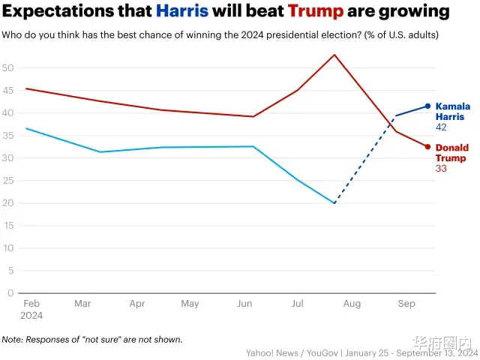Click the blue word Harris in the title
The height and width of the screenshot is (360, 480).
pos(182,12)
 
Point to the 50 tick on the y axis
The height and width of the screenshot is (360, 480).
pos(9,67)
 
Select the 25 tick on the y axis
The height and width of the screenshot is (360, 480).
pos(9,180)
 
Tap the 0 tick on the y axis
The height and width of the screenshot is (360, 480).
pos(11,292)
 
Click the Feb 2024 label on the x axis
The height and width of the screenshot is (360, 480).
pos(31,309)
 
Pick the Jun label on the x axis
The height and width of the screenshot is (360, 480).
pos(244,304)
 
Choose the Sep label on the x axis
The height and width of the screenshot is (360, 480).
pos(406,304)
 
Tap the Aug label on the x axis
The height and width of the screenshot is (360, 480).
pos(352,304)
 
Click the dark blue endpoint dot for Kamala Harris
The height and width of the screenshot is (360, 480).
pos(427,106)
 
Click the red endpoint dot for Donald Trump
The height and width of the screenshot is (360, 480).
pos(427,146)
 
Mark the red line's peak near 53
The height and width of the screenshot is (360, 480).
pos(334,55)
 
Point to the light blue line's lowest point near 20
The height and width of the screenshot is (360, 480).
pos(334,202)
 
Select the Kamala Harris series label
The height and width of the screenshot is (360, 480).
pos(452,112)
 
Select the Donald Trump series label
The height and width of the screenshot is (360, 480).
pos(452,152)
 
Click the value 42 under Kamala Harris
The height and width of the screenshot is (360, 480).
pos(441,128)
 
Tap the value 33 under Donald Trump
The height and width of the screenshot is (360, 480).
pos(441,169)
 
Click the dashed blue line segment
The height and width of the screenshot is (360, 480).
pos(365,159)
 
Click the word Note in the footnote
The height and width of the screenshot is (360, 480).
pos(13,339)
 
